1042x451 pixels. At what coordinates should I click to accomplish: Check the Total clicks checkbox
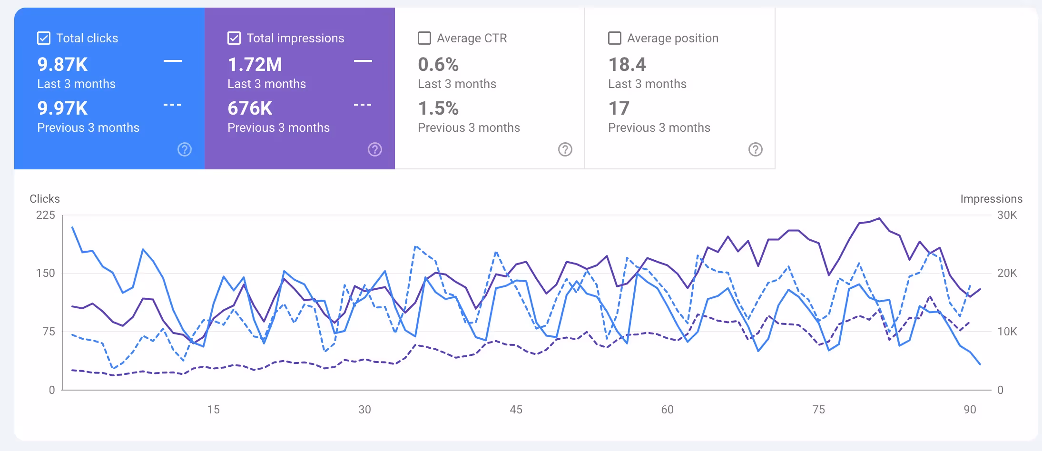pyautogui.click(x=44, y=38)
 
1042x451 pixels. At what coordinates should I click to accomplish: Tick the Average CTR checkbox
pyautogui.click(x=424, y=38)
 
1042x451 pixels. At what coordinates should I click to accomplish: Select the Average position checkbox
pyautogui.click(x=614, y=38)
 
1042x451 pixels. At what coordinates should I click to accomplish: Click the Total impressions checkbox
pyautogui.click(x=234, y=38)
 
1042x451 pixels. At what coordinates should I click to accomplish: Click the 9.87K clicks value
pyautogui.click(x=62, y=64)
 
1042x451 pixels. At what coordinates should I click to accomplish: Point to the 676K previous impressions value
pyautogui.click(x=250, y=108)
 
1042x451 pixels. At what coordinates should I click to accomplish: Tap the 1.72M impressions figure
pyautogui.click(x=255, y=64)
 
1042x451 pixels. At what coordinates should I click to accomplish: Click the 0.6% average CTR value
pyautogui.click(x=438, y=64)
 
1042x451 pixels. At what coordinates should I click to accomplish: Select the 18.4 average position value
pyautogui.click(x=627, y=64)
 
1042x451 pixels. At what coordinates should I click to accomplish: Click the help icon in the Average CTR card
pyautogui.click(x=565, y=149)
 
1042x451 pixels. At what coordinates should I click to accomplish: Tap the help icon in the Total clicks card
pyautogui.click(x=184, y=149)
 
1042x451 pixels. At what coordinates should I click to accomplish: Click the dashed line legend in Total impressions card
pyautogui.click(x=363, y=105)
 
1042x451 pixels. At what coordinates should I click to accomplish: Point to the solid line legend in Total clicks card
pyautogui.click(x=172, y=61)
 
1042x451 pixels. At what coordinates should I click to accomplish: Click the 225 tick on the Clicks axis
pyautogui.click(x=46, y=215)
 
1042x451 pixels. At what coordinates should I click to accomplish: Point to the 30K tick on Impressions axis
pyautogui.click(x=1007, y=215)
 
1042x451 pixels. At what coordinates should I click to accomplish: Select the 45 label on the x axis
pyautogui.click(x=516, y=409)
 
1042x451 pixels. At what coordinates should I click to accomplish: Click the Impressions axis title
pyautogui.click(x=991, y=199)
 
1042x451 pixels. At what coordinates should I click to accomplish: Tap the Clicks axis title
pyautogui.click(x=45, y=199)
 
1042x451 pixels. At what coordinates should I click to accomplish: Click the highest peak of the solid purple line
pyautogui.click(x=879, y=218)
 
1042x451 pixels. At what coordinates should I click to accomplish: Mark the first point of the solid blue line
pyautogui.click(x=72, y=227)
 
